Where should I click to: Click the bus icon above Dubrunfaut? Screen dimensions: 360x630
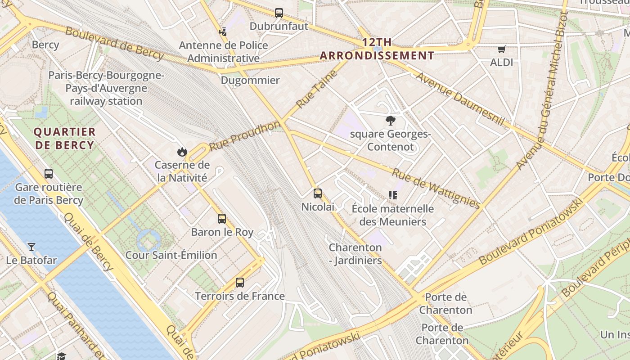pos(279,13)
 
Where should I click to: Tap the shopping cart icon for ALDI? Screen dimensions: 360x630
pos(501,49)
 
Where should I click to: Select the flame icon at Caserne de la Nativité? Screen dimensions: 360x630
pos(182,152)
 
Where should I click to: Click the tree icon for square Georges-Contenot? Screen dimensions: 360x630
pos(390,120)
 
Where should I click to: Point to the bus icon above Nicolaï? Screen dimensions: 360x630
pos(318,193)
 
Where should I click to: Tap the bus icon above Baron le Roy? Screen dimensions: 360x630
pos(222,219)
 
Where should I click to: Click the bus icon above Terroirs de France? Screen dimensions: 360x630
pos(240,283)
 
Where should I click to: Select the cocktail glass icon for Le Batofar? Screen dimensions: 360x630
pos(31,247)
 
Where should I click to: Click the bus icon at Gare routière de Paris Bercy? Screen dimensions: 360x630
pos(49,173)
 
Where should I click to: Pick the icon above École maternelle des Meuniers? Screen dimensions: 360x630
pos(393,195)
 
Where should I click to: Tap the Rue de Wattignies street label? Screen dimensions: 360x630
pos(436,188)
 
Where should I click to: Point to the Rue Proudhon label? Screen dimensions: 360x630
pos(245,136)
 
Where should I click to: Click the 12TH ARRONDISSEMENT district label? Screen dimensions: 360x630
pos(377,49)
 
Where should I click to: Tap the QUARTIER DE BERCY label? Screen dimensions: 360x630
pos(65,138)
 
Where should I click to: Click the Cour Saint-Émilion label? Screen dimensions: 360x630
pos(171,255)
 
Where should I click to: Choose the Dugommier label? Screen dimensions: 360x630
pos(250,81)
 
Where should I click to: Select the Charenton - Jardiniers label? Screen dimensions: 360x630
pos(355,254)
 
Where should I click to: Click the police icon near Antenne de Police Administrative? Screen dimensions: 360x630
pos(223,31)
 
